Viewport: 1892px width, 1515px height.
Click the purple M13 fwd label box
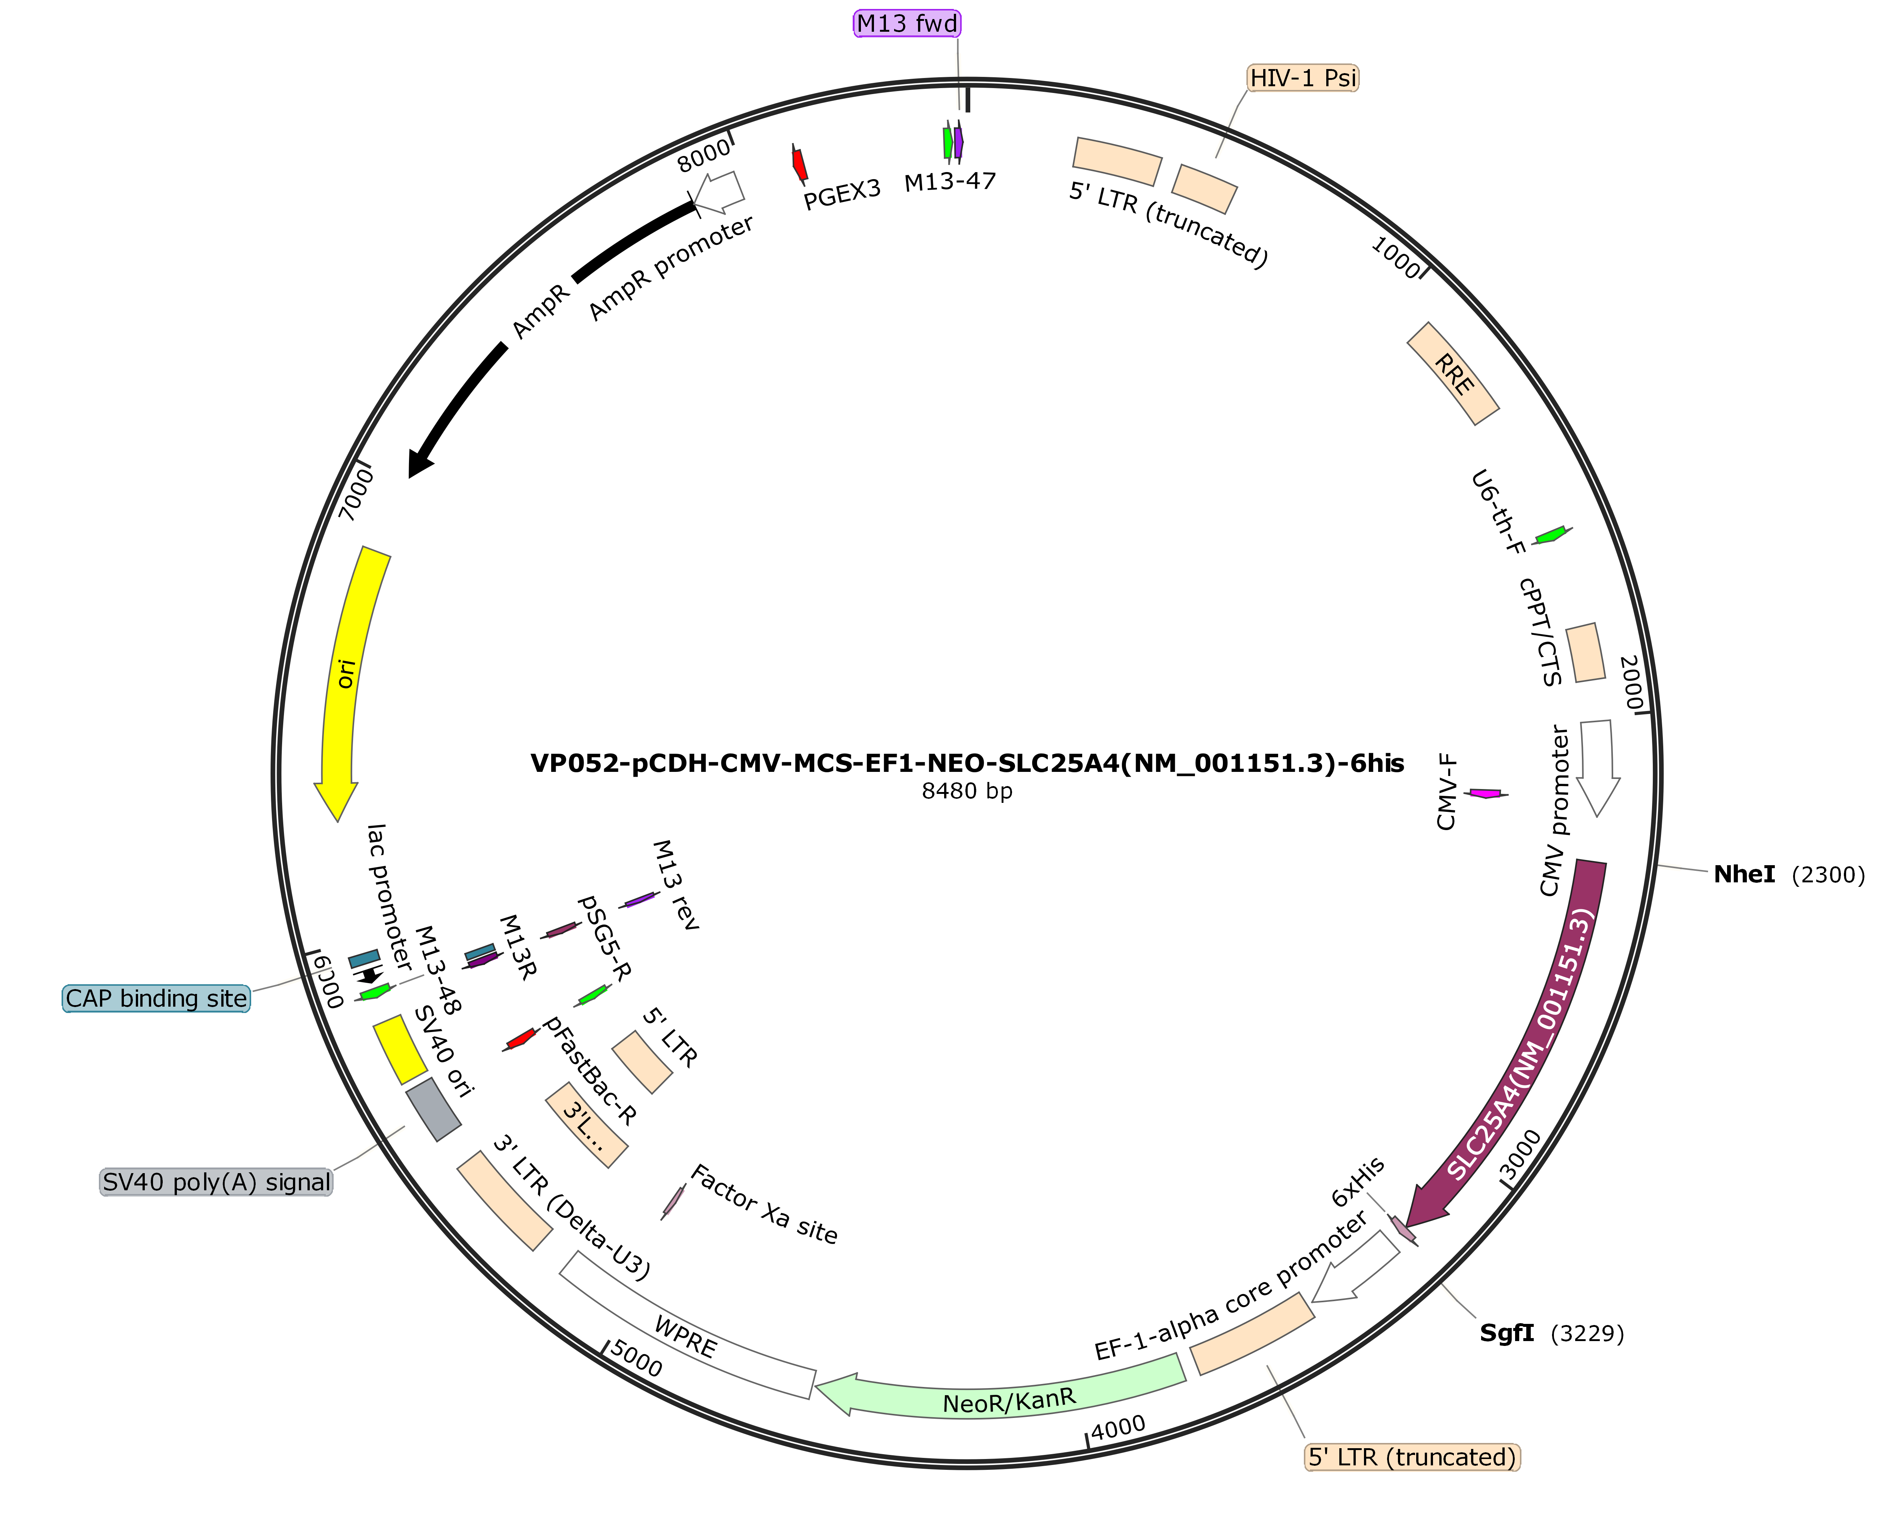pyautogui.click(x=908, y=24)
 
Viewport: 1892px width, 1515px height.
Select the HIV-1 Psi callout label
pyautogui.click(x=1303, y=78)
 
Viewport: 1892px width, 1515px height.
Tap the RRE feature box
pyautogui.click(x=1453, y=374)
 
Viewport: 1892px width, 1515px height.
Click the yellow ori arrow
pyautogui.click(x=349, y=676)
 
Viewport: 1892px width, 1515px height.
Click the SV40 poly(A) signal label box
pyautogui.click(x=217, y=1182)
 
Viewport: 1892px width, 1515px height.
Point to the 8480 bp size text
pyautogui.click(x=967, y=792)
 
